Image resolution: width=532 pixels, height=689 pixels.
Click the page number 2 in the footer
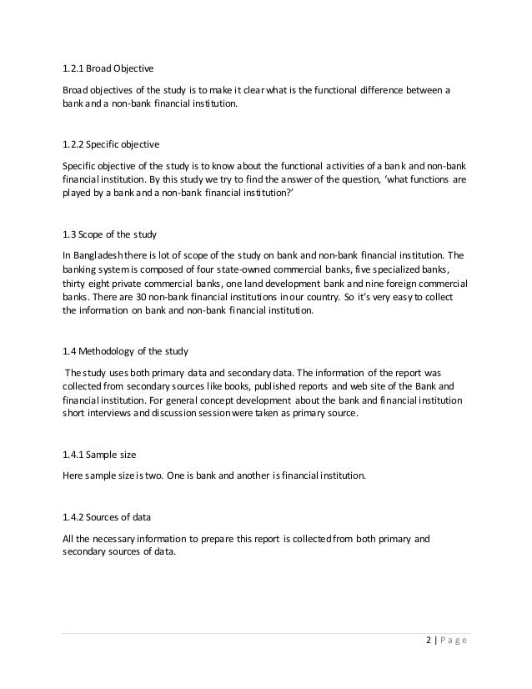point(426,640)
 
